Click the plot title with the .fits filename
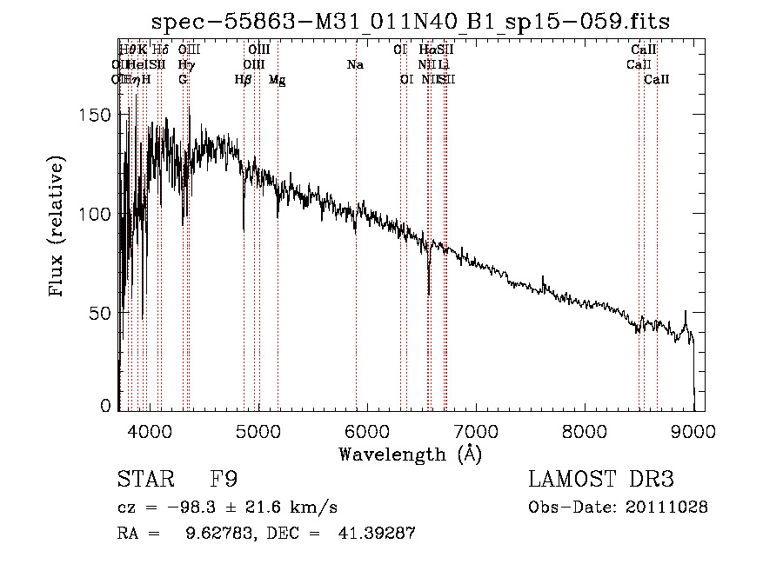click(410, 22)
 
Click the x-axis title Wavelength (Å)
click(410, 454)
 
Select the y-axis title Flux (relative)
click(57, 229)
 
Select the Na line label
click(355, 65)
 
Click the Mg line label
click(277, 80)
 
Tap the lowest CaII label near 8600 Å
click(657, 80)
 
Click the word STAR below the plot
click(144, 480)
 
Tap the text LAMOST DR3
click(600, 480)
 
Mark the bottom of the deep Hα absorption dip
click(429, 294)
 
